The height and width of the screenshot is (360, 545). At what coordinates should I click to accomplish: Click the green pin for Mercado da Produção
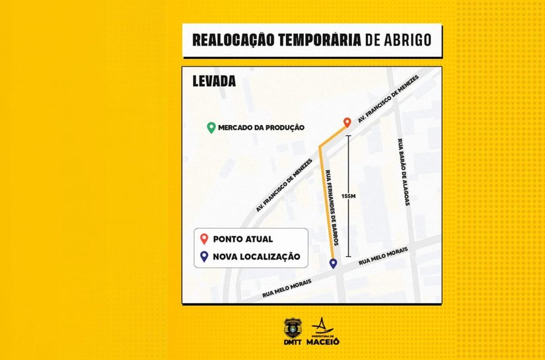pyautogui.click(x=211, y=127)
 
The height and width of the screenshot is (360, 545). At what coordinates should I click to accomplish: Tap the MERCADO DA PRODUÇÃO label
pyautogui.click(x=262, y=127)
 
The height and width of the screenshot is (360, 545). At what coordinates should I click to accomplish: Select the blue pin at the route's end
pyautogui.click(x=333, y=264)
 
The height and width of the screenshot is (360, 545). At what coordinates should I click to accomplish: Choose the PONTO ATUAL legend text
pyautogui.click(x=243, y=239)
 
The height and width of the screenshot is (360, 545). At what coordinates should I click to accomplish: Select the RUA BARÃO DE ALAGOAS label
pyautogui.click(x=402, y=173)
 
